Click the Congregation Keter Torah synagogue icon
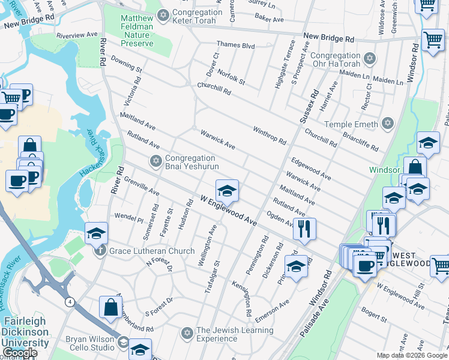click(162, 14)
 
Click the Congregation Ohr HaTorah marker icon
click(370, 58)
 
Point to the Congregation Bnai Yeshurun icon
click(156, 160)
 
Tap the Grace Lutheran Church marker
click(100, 250)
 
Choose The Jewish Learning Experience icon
click(187, 332)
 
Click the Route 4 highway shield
click(70, 302)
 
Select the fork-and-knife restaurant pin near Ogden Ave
click(304, 229)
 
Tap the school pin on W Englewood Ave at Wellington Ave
click(227, 191)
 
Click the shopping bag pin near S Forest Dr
click(111, 307)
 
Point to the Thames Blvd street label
click(236, 46)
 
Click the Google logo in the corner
click(20, 353)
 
